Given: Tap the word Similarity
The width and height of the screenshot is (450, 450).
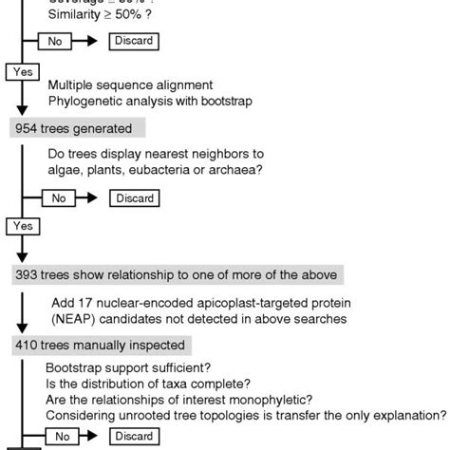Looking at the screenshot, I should pyautogui.click(x=76, y=20).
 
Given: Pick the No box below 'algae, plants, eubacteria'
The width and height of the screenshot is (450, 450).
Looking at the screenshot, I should pyautogui.click(x=58, y=197).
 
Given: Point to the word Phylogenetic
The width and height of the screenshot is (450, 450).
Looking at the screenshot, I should pyautogui.click(x=84, y=101).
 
